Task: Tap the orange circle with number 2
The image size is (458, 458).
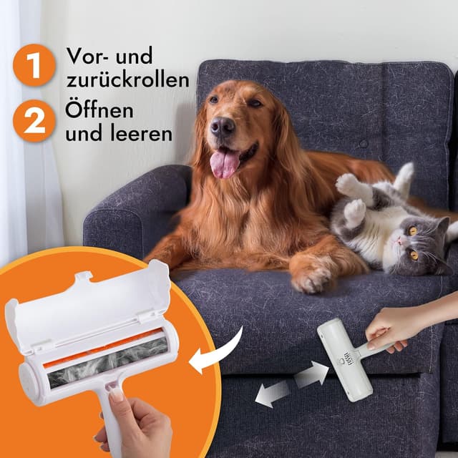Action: pyautogui.click(x=34, y=121)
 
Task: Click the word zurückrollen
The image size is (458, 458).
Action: pyautogui.click(x=129, y=80)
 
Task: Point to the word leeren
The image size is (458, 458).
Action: pyautogui.click(x=140, y=134)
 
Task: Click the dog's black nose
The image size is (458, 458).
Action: pyautogui.click(x=222, y=127)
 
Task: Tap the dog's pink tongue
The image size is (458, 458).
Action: pyautogui.click(x=225, y=163)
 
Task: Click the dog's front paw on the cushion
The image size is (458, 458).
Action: pyautogui.click(x=313, y=277)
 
